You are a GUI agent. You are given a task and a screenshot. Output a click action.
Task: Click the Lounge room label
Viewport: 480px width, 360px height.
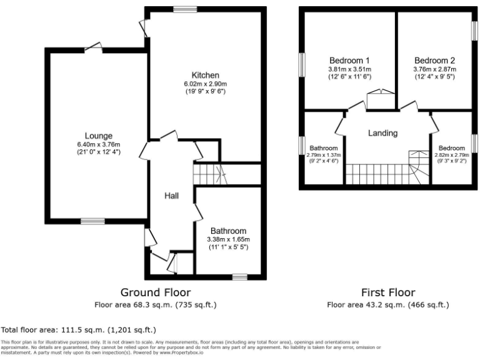click(x=99, y=136)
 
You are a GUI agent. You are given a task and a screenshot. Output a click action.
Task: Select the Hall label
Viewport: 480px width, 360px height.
click(x=172, y=196)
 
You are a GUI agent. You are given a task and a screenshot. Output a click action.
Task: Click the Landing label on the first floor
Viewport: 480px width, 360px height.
click(x=382, y=133)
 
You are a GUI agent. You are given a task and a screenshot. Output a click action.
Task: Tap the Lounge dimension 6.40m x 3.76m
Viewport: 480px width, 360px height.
click(x=99, y=144)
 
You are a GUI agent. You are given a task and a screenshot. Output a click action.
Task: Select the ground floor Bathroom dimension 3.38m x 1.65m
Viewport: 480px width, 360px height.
click(x=229, y=239)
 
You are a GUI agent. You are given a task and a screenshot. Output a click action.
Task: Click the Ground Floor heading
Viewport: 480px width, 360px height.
click(x=156, y=292)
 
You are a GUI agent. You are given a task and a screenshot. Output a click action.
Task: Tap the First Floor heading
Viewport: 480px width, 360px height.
click(x=387, y=292)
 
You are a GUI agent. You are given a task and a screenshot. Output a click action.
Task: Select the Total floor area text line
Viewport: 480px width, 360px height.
click(x=79, y=329)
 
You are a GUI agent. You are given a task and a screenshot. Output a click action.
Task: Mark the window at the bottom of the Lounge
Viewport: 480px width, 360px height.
click(x=92, y=221)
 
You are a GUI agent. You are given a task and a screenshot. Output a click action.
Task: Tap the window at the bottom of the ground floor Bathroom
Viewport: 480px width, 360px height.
click(x=238, y=276)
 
